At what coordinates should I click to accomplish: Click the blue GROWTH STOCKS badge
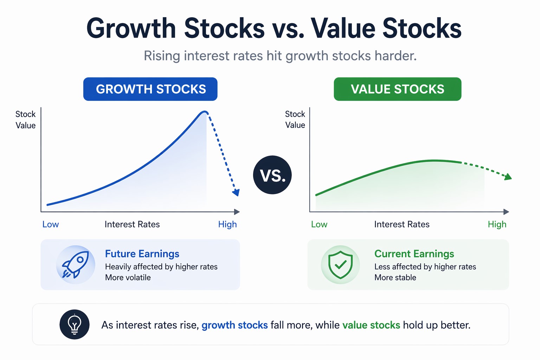pos(150,89)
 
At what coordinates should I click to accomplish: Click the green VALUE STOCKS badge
pos(397,89)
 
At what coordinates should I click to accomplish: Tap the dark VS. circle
pos(272,175)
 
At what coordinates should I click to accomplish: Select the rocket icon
pos(75,264)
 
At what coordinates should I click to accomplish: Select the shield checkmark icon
pos(340,264)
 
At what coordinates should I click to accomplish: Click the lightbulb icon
pos(75,324)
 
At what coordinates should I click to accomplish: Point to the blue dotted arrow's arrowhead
pos(236,192)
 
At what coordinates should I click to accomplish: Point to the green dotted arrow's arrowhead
pos(508,177)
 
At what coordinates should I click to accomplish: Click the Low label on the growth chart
pos(51,224)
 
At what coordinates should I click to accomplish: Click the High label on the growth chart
pos(227,224)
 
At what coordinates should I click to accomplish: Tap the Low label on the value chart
pos(319,224)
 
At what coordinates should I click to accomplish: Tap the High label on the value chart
pos(497,224)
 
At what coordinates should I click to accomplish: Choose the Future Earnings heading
pos(142,253)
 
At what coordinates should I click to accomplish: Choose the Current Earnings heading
pos(414,253)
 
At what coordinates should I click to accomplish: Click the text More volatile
pos(128,277)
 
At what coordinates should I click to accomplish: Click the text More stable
pos(395,277)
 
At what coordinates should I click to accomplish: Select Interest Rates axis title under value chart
pos(401,224)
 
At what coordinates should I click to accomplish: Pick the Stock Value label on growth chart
pos(26,120)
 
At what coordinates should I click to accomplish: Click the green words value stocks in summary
pos(371,325)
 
